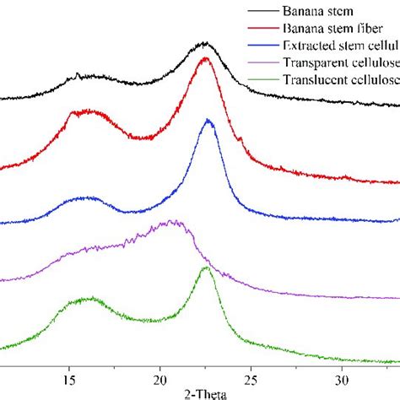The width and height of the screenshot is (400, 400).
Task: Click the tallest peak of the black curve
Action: pyautogui.click(x=203, y=42)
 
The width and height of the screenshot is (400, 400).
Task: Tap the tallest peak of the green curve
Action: pyautogui.click(x=206, y=268)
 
